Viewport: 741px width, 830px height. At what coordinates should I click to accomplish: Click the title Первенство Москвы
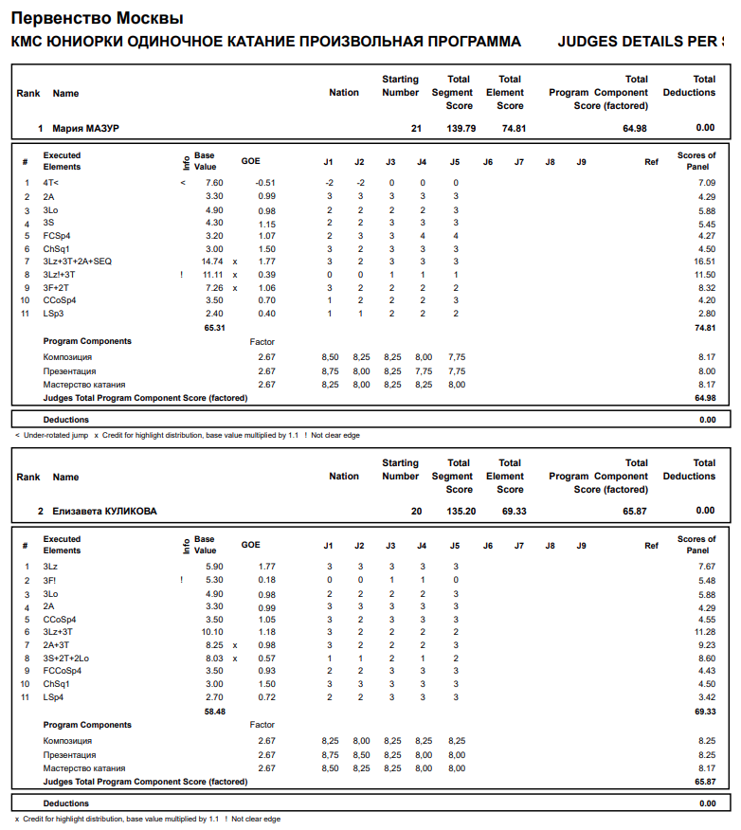(97, 18)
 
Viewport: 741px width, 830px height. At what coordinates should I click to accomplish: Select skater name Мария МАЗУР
(85, 128)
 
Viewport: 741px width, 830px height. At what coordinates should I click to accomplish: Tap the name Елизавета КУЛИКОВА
(104, 512)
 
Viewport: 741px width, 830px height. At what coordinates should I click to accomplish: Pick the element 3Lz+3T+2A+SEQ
(78, 262)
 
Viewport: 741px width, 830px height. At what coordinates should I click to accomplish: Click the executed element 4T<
(51, 183)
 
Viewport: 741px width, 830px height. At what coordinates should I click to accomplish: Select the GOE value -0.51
(265, 183)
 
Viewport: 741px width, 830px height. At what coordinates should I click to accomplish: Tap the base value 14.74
(211, 262)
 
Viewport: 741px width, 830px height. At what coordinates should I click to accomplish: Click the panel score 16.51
(702, 262)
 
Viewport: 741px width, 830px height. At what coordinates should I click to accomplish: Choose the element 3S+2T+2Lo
(66, 659)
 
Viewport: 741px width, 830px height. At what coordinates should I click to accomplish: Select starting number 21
(416, 128)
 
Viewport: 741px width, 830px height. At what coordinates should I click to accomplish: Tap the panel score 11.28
(702, 632)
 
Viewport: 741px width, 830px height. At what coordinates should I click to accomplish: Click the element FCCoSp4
(63, 671)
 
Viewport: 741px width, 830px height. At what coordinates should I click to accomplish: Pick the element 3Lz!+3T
(60, 275)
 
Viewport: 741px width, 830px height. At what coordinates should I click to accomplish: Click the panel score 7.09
(705, 183)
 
